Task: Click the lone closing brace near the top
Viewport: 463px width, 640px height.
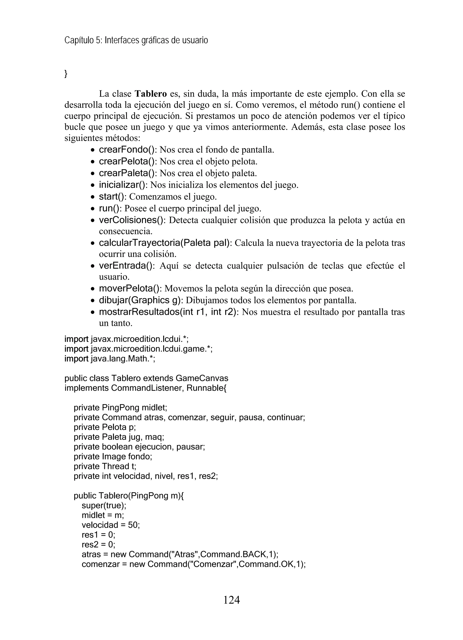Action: [66, 74]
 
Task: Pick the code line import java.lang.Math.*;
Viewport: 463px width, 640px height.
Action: [110, 359]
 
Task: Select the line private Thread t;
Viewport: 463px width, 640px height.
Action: [105, 466]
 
